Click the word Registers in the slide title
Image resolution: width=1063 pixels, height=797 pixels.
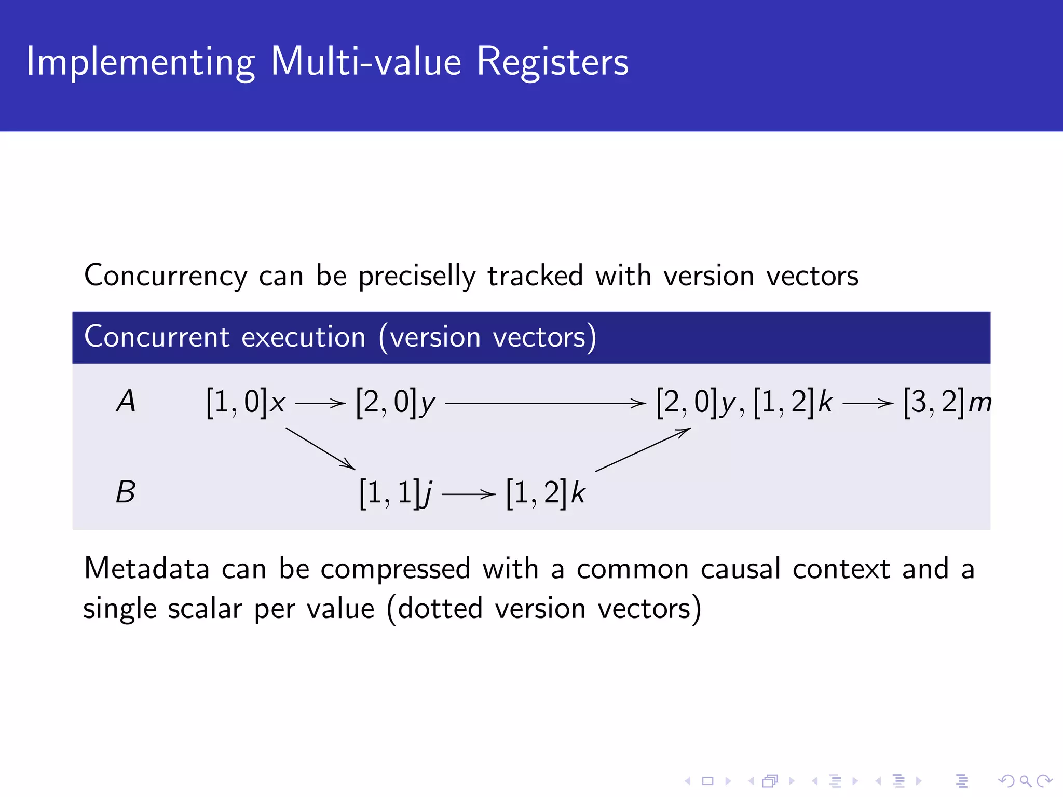[x=552, y=62]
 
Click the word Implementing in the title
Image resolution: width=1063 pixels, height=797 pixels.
[x=140, y=62]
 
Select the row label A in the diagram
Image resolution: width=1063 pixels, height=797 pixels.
[x=126, y=402]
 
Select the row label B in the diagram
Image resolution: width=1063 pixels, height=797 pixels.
[x=126, y=492]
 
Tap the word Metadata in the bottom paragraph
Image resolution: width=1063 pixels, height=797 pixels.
[x=146, y=568]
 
